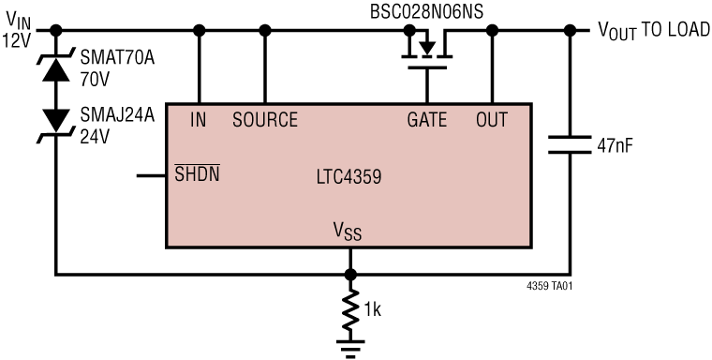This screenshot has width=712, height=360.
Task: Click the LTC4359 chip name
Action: (x=349, y=176)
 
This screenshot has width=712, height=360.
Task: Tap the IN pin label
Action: (x=198, y=120)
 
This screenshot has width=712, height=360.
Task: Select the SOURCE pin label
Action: (x=265, y=120)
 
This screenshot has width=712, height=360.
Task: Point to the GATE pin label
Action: (x=426, y=120)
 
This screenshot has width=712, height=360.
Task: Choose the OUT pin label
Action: (x=492, y=120)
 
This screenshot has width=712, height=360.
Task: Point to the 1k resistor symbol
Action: (x=350, y=312)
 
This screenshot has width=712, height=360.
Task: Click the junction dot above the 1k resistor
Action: (x=350, y=275)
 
